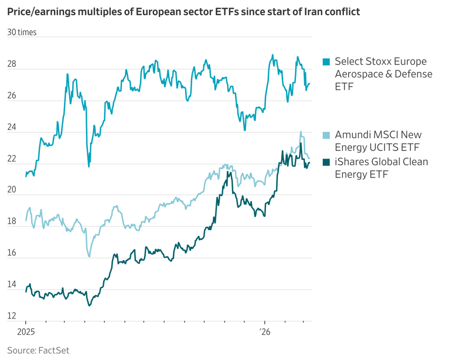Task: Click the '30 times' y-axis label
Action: pyautogui.click(x=22, y=32)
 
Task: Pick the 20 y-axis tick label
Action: pyautogui.click(x=12, y=190)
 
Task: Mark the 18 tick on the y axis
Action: pyautogui.click(x=12, y=222)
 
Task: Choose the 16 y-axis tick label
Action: pyautogui.click(x=12, y=253)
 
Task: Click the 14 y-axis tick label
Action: pyautogui.click(x=12, y=285)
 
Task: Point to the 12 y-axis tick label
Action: pyautogui.click(x=12, y=317)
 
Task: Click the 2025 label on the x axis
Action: pyautogui.click(x=26, y=331)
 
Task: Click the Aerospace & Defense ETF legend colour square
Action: pyautogui.click(x=326, y=61)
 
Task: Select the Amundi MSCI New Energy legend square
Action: pyautogui.click(x=326, y=135)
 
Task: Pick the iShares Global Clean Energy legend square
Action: pyautogui.click(x=326, y=162)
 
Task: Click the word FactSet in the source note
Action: pyautogui.click(x=54, y=350)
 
